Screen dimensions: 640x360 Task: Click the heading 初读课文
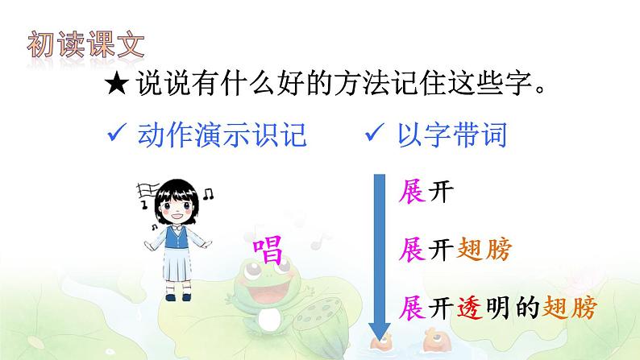(x=85, y=44)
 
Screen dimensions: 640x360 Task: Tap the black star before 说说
(x=117, y=85)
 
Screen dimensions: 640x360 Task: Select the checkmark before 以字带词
(x=374, y=132)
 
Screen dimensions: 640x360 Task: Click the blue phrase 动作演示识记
(x=222, y=135)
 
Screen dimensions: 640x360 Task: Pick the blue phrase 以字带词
(x=452, y=135)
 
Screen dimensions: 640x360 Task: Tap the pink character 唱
(x=268, y=250)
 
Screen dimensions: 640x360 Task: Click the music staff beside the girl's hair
(x=148, y=190)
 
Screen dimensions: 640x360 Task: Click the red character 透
(x=469, y=307)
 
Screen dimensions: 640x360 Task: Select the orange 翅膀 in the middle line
(x=484, y=250)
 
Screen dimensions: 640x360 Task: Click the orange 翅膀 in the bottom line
(x=569, y=307)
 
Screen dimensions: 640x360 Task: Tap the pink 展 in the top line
(x=412, y=191)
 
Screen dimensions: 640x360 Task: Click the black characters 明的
(x=513, y=307)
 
